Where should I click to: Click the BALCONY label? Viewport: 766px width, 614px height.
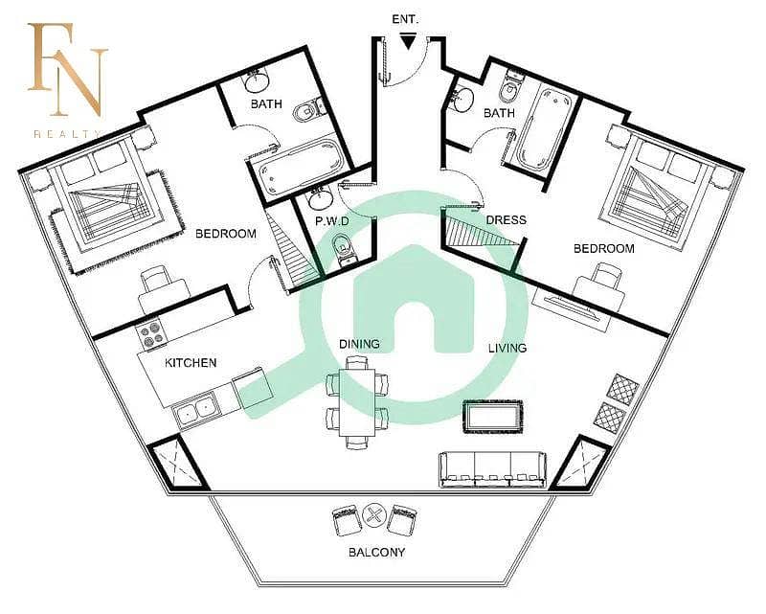[376, 553]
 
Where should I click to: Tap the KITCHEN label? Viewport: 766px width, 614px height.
[191, 363]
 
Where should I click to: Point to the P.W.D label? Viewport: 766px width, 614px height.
[332, 221]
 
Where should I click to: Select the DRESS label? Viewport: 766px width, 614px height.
[507, 220]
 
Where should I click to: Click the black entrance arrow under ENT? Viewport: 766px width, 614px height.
[408, 41]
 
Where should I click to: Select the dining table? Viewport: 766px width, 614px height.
[357, 402]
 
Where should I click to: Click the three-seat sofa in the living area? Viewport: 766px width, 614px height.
[493, 469]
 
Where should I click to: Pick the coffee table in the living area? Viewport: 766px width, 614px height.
[492, 417]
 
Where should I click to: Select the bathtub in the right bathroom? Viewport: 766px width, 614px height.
[543, 128]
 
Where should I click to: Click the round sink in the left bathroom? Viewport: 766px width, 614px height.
[257, 81]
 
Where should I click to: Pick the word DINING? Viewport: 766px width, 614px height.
[359, 344]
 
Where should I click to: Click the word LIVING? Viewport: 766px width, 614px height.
[507, 348]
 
